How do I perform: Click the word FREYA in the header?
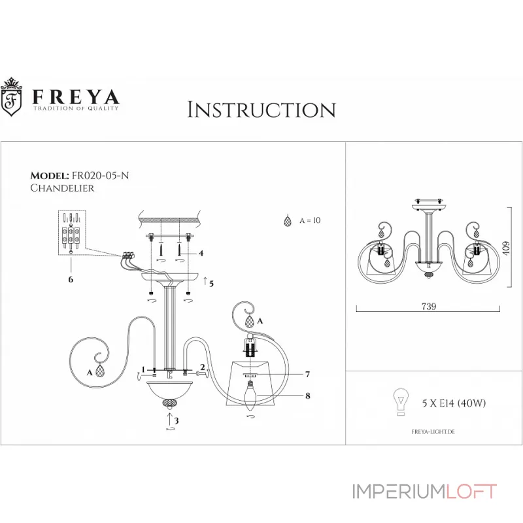click(x=76, y=96)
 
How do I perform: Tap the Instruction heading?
click(x=261, y=110)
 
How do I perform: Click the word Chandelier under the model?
click(x=63, y=188)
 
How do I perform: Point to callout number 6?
click(x=71, y=279)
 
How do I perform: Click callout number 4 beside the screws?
click(x=201, y=253)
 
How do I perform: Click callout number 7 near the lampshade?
click(x=307, y=374)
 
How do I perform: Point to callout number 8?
click(x=307, y=394)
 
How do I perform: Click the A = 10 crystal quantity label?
click(x=310, y=221)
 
